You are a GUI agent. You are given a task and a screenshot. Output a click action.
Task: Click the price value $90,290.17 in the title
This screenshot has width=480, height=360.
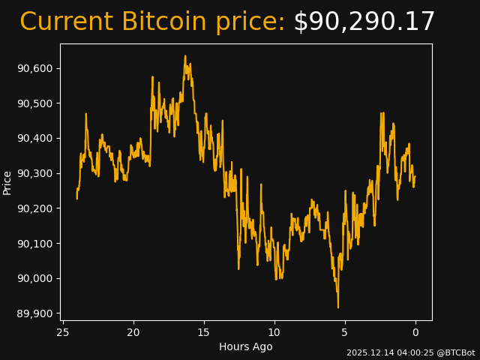[364, 22]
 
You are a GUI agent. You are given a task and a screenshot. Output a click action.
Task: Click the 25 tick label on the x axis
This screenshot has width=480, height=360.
[63, 332]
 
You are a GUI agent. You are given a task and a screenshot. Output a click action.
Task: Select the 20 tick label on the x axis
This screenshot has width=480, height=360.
[133, 332]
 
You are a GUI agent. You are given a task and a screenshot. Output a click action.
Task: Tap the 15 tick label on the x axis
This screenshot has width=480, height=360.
[204, 332]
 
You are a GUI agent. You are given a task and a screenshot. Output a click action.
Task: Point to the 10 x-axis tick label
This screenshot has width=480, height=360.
[274, 332]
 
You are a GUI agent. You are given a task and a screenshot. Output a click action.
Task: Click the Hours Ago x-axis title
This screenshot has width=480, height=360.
[246, 346]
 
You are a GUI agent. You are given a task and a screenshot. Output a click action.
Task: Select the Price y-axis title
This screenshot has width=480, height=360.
[7, 182]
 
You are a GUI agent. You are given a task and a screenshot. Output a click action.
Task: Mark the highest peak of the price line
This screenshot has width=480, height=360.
[185, 55]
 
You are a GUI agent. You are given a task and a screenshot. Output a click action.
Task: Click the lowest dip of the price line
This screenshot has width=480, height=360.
[338, 307]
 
